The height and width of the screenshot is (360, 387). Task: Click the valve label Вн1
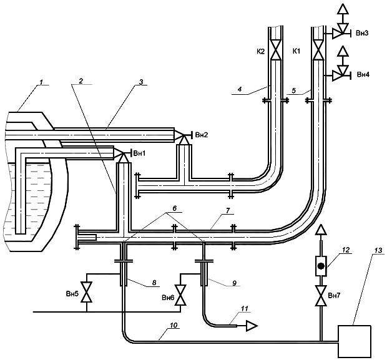pyautogui.click(x=139, y=153)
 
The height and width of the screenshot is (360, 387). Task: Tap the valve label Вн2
pyautogui.click(x=202, y=135)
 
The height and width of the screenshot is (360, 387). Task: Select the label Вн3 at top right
pyautogui.click(x=362, y=33)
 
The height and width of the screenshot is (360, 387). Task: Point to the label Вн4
pyautogui.click(x=363, y=74)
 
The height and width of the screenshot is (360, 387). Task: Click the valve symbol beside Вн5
pyautogui.click(x=87, y=292)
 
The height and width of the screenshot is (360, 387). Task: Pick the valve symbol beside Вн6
pyautogui.click(x=180, y=295)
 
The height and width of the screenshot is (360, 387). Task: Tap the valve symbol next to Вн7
pyautogui.click(x=321, y=296)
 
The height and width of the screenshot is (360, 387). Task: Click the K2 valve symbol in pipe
pyautogui.click(x=276, y=50)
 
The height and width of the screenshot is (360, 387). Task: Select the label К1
pyautogui.click(x=296, y=51)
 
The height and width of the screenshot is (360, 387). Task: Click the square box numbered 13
pyautogui.click(x=355, y=341)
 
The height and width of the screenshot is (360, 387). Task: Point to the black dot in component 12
pyautogui.click(x=321, y=266)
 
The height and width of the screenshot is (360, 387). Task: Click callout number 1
pyautogui.click(x=42, y=82)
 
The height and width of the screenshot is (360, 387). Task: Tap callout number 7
pyautogui.click(x=228, y=210)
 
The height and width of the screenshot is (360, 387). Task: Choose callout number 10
pyautogui.click(x=174, y=325)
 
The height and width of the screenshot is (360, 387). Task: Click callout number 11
pyautogui.click(x=244, y=309)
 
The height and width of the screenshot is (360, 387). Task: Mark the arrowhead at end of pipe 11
pyautogui.click(x=252, y=326)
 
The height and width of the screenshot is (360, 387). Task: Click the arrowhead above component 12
pyautogui.click(x=321, y=230)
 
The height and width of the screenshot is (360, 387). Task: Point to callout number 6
pyautogui.click(x=175, y=208)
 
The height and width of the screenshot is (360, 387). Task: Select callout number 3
pyautogui.click(x=141, y=82)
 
